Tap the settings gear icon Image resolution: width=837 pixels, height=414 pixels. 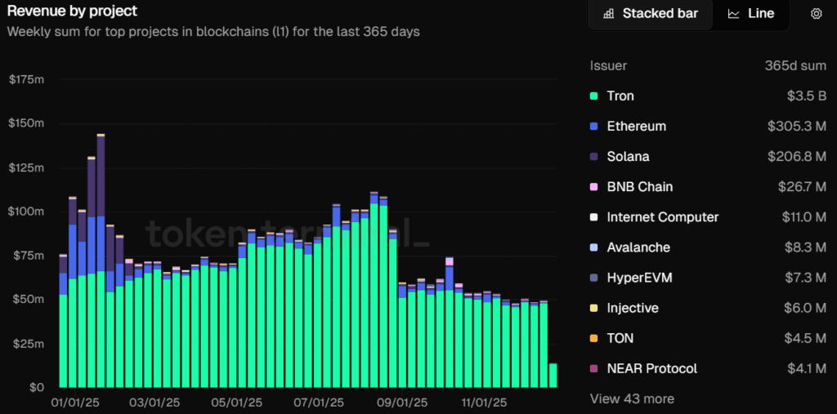816,14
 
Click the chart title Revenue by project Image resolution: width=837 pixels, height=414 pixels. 73,11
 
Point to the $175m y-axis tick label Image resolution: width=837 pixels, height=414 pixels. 25,79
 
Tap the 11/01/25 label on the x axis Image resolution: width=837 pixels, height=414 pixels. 485,403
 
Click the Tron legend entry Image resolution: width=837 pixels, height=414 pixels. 620,96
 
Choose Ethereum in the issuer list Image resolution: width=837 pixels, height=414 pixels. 636,126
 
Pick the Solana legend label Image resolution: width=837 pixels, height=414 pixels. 628,156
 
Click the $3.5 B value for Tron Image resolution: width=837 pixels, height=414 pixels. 806,96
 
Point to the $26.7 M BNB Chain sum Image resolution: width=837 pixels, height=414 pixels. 802,186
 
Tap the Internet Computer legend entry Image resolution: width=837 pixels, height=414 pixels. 662,216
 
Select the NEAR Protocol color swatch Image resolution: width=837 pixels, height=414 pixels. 593,368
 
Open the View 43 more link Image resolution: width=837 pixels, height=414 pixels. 632,398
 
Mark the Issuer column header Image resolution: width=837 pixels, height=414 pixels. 608,65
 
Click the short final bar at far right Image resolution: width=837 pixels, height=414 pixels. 553,375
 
